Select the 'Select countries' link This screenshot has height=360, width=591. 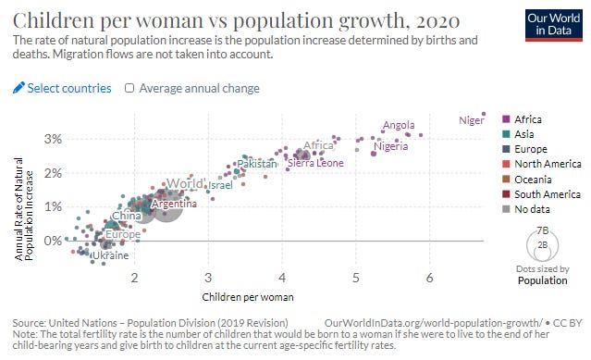62,88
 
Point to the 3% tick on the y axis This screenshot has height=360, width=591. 53,139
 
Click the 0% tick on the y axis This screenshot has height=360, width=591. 53,241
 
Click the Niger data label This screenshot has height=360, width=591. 472,119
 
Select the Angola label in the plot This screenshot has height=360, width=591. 398,125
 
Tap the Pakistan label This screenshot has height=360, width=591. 256,164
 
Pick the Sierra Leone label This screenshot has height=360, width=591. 315,163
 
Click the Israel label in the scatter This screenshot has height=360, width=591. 220,185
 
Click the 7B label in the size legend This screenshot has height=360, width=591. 543,230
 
